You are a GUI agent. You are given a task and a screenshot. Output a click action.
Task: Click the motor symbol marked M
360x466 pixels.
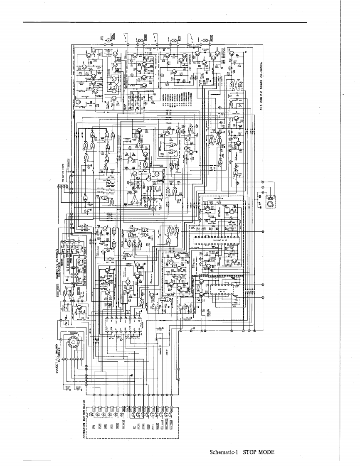tap(108, 40)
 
